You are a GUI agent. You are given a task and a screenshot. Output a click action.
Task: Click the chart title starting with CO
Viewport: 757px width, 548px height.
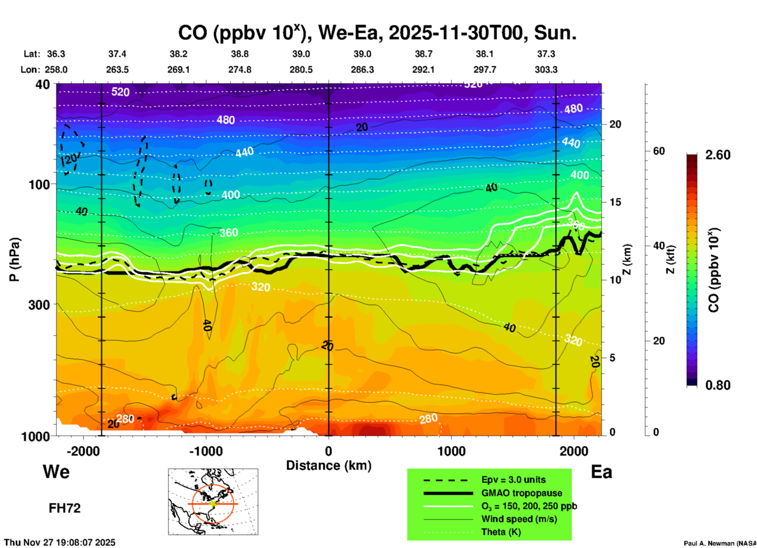pyautogui.click(x=377, y=33)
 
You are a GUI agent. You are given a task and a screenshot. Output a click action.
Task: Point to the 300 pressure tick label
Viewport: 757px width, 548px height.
pyautogui.click(x=39, y=305)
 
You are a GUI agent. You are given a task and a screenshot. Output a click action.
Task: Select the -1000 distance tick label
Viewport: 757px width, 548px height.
pyautogui.click(x=206, y=451)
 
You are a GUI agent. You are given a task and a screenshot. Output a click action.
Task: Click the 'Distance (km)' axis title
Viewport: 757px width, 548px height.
pyautogui.click(x=329, y=465)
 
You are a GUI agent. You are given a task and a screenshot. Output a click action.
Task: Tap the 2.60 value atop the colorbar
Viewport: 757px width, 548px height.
pyautogui.click(x=718, y=155)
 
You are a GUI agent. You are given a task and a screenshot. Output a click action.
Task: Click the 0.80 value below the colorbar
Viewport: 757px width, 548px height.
pyautogui.click(x=718, y=385)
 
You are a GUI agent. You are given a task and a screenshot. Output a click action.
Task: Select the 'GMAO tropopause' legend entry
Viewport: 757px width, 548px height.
pyautogui.click(x=522, y=493)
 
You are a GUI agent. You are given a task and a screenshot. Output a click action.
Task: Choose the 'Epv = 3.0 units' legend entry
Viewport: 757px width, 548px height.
pyautogui.click(x=513, y=480)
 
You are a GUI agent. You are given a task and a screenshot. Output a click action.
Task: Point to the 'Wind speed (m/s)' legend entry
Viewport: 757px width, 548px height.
pyautogui.click(x=519, y=519)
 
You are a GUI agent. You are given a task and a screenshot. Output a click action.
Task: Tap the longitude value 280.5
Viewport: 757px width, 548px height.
pyautogui.click(x=301, y=70)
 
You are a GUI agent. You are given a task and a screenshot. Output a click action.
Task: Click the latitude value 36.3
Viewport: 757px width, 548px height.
pyautogui.click(x=56, y=54)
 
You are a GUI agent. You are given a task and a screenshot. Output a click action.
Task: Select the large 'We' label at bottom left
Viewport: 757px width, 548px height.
pyautogui.click(x=56, y=472)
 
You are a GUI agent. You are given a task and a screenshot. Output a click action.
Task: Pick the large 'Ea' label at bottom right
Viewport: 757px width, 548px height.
pyautogui.click(x=601, y=472)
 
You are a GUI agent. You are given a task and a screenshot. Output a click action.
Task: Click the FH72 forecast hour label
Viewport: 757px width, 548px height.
pyautogui.click(x=64, y=508)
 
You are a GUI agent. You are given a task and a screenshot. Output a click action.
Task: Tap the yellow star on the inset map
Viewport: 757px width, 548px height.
pyautogui.click(x=213, y=504)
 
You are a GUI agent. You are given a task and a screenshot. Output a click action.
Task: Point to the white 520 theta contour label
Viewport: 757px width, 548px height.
pyautogui.click(x=120, y=92)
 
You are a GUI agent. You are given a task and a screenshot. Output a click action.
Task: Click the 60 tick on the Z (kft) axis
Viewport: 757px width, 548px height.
pyautogui.click(x=659, y=151)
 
